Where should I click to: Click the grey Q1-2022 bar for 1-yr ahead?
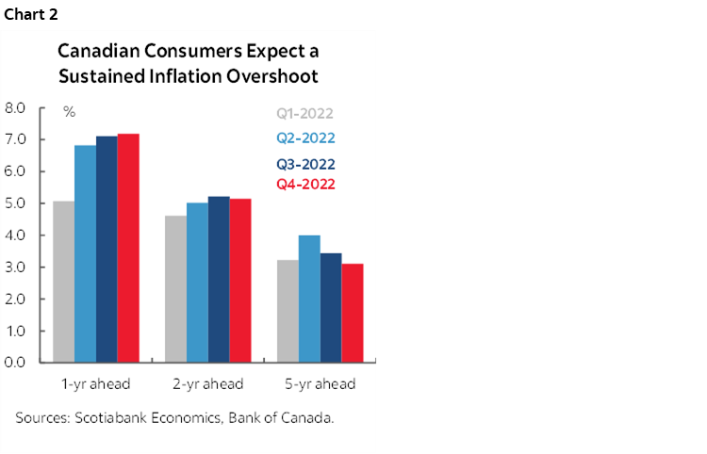64,282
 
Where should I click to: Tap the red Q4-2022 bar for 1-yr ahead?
128,248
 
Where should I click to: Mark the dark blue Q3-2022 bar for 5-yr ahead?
331,307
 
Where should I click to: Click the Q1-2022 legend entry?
304,115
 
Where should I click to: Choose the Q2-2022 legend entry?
305,138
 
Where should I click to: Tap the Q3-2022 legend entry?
305,164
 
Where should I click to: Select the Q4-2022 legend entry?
305,184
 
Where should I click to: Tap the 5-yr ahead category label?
320,383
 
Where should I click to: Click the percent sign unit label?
69,112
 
